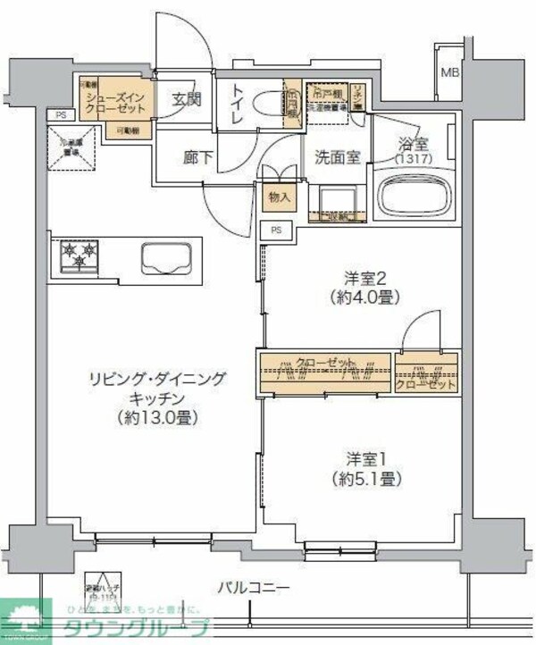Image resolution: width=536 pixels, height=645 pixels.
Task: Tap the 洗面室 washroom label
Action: [337, 157]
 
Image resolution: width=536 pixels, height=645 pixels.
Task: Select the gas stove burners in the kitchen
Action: [79, 257]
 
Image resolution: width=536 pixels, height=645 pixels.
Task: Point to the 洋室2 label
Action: [365, 279]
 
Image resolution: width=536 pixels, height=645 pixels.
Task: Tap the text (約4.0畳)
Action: [365, 297]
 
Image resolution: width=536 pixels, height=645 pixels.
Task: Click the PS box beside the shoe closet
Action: [60, 114]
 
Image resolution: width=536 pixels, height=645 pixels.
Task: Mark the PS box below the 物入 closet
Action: [277, 230]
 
